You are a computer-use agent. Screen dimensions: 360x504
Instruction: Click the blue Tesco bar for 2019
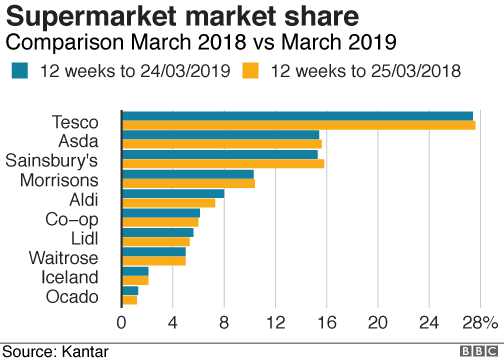[x=297, y=116]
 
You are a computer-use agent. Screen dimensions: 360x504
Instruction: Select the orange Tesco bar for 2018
[x=298, y=125]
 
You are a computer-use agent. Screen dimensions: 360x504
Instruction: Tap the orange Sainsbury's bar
[x=222, y=164]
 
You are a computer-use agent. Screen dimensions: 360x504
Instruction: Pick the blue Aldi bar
[x=172, y=193]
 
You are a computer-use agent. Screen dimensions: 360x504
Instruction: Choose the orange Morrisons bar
[x=188, y=183]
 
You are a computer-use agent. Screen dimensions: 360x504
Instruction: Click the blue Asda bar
[x=220, y=135]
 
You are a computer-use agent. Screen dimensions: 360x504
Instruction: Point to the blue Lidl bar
[x=157, y=232]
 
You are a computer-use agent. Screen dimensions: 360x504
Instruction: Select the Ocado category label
[x=72, y=297]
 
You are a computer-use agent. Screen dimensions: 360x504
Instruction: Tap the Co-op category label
[x=72, y=219]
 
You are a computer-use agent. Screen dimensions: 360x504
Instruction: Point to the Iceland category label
[x=70, y=277]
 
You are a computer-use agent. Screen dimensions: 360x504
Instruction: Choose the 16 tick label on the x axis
[x=326, y=323]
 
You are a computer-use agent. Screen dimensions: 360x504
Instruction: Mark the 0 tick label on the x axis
[x=122, y=323]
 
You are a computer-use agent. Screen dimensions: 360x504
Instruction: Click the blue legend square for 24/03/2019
[x=20, y=70]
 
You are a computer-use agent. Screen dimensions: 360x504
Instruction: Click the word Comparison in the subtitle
[x=57, y=43]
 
